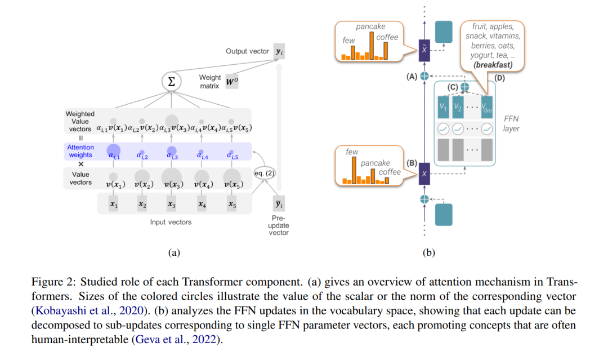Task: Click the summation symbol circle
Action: [x=171, y=82]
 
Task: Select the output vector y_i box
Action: [x=279, y=51]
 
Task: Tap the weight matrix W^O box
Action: [x=232, y=82]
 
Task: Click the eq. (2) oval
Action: [x=264, y=173]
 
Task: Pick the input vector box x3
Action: [x=171, y=204]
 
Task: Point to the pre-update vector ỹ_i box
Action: [x=279, y=204]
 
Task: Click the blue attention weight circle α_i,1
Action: [x=114, y=150]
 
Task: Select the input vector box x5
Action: [x=232, y=204]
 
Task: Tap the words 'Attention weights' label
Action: [x=81, y=151]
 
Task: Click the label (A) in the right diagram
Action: [x=412, y=77]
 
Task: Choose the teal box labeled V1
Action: [x=443, y=107]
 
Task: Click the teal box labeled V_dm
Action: [x=486, y=107]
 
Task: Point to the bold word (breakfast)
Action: [x=493, y=65]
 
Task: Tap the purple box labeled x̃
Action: [x=424, y=51]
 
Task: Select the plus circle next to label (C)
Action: [x=464, y=87]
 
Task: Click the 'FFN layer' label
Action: [x=511, y=124]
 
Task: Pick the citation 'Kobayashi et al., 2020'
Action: [x=90, y=311]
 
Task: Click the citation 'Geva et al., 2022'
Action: [x=175, y=340]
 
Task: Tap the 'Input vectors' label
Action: [x=171, y=223]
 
